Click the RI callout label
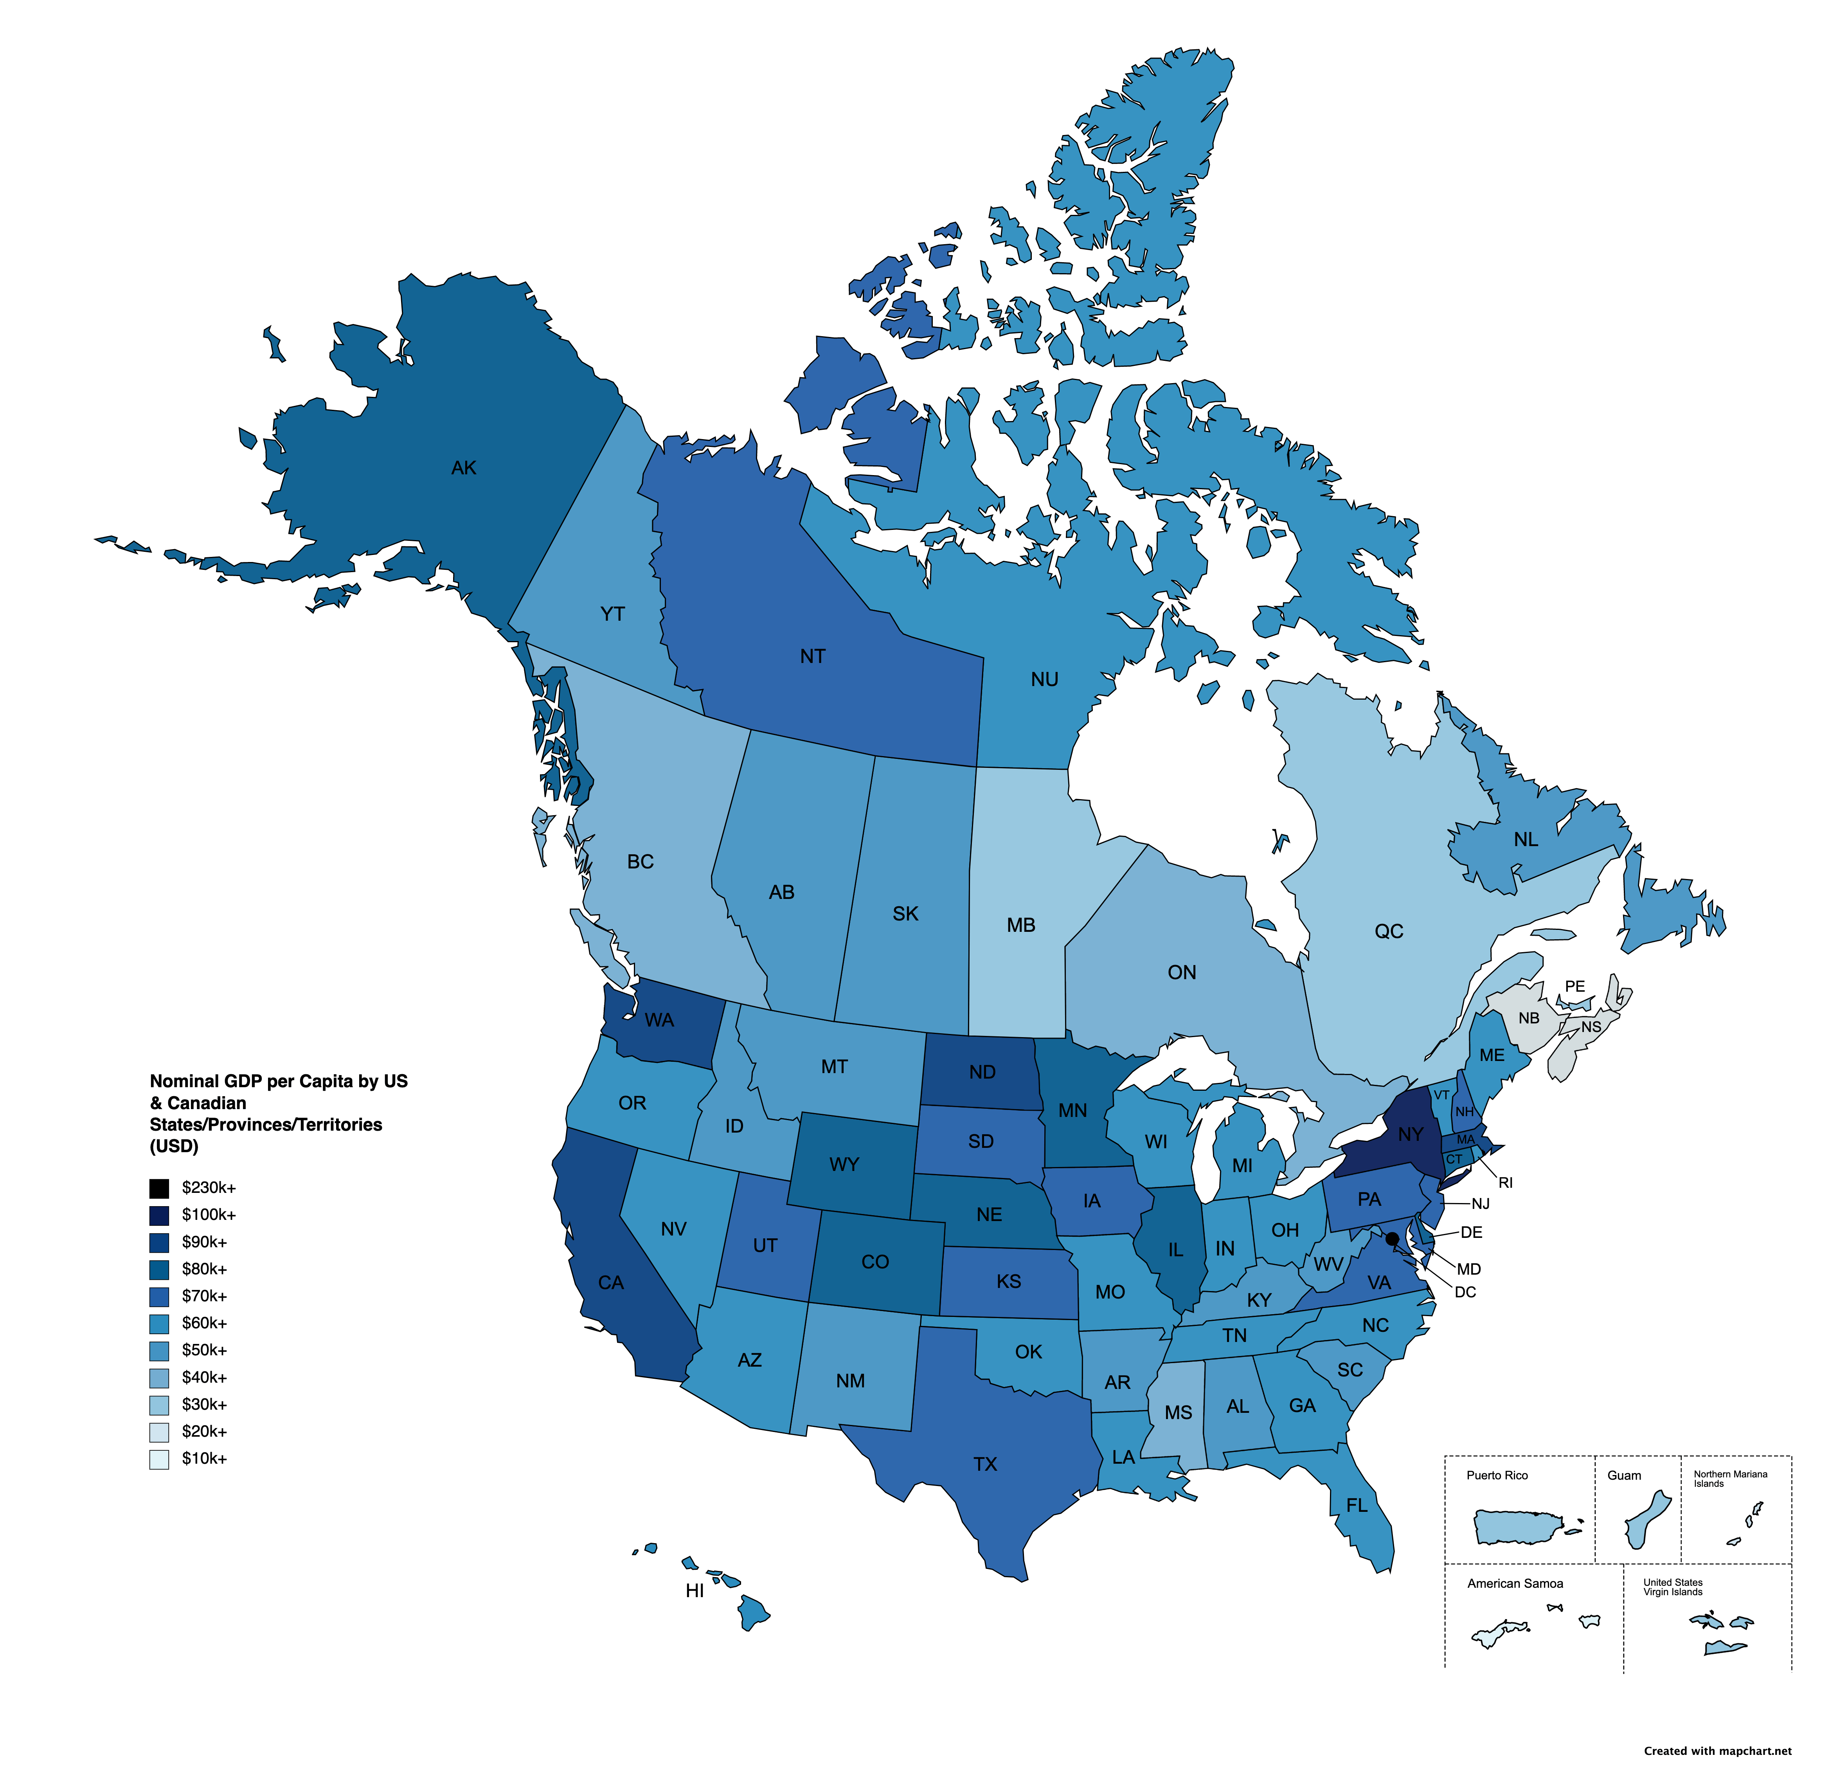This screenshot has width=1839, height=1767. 1506,1183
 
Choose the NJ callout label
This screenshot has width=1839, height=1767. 1481,1204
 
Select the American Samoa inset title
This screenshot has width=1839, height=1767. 1515,1584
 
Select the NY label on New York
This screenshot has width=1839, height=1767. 1410,1135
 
